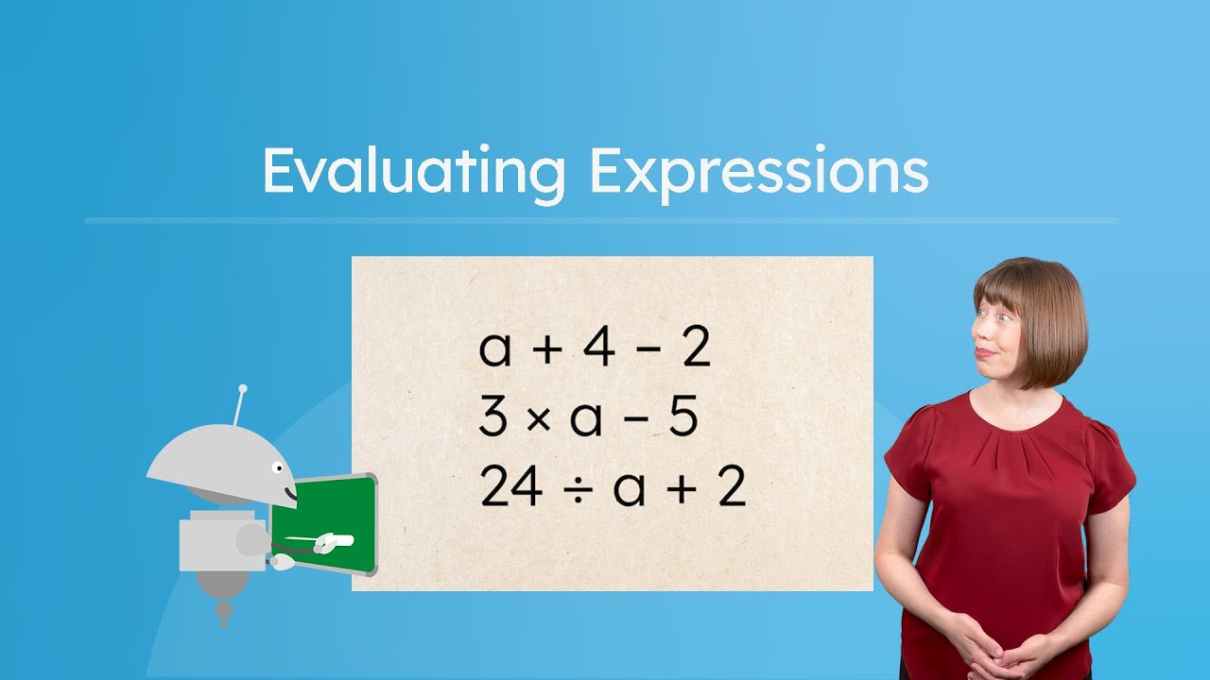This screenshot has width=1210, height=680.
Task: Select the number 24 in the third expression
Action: (511, 488)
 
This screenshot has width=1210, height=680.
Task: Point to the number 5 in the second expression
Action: (683, 418)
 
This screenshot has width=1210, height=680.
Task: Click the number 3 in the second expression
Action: (493, 418)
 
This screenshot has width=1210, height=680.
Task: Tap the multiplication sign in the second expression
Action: (538, 419)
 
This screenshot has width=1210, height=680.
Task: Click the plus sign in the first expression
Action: (546, 349)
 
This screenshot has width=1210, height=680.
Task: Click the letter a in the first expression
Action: (495, 350)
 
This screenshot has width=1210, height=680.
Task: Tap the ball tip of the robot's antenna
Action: (243, 388)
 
